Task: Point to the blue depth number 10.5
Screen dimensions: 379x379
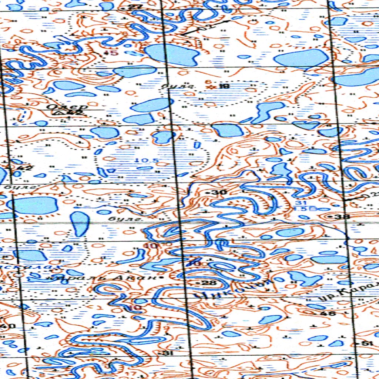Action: pyautogui.click(x=147, y=161)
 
